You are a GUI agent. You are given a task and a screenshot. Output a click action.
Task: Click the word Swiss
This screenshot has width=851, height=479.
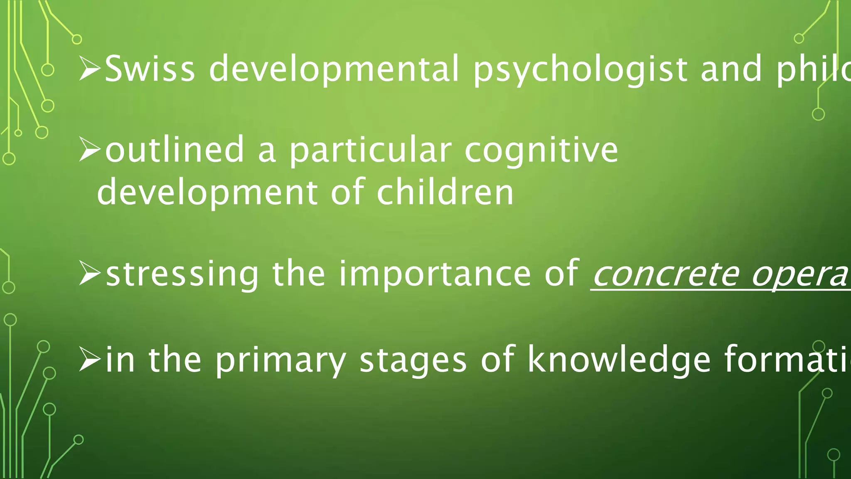pyautogui.click(x=150, y=69)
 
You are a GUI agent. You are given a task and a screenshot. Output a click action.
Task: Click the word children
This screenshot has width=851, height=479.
pyautogui.click(x=445, y=192)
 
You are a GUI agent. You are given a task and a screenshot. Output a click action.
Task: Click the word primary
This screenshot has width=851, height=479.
pyautogui.click(x=280, y=360)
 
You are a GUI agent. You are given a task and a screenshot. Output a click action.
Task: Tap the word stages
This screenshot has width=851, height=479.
pyautogui.click(x=413, y=360)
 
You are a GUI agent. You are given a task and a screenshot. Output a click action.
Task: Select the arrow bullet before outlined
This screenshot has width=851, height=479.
pyautogui.click(x=89, y=151)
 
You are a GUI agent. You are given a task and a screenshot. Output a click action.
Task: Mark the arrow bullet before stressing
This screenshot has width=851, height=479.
pyautogui.click(x=89, y=275)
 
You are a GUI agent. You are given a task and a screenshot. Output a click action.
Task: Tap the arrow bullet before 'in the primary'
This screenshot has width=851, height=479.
pyautogui.click(x=89, y=360)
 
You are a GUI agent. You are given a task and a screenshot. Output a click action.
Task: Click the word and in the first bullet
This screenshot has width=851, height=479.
pyautogui.click(x=731, y=69)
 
